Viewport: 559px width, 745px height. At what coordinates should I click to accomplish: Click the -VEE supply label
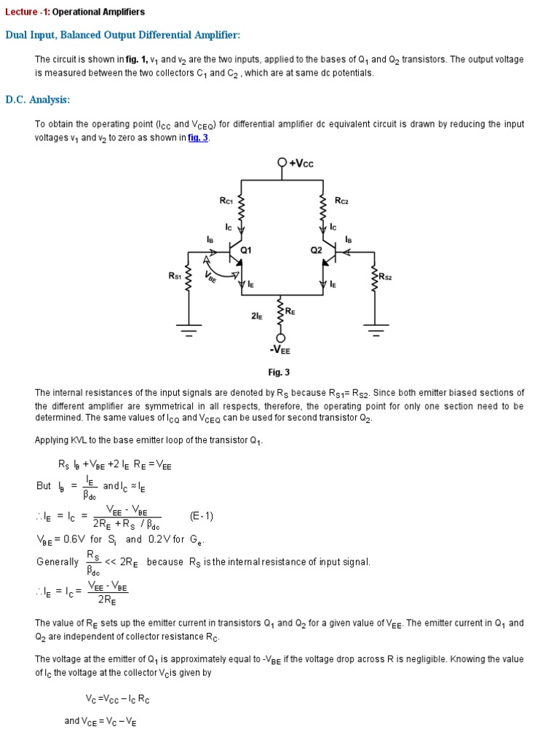click(x=280, y=350)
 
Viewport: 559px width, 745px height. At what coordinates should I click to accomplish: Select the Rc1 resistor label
click(x=226, y=200)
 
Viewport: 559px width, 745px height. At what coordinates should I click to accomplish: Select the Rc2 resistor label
click(x=341, y=200)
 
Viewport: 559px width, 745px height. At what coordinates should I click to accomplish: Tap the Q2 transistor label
click(x=316, y=250)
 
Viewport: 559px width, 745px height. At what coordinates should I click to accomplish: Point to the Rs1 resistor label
click(x=175, y=276)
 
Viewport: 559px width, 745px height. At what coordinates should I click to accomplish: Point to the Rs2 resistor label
click(x=386, y=276)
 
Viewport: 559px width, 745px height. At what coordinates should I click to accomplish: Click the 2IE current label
click(x=256, y=317)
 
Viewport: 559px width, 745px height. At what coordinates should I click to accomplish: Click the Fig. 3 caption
click(x=279, y=372)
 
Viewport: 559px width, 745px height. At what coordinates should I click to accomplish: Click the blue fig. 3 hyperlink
click(x=198, y=138)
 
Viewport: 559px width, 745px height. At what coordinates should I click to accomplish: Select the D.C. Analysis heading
click(x=38, y=100)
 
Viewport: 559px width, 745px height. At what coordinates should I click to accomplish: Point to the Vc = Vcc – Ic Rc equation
click(x=117, y=699)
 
